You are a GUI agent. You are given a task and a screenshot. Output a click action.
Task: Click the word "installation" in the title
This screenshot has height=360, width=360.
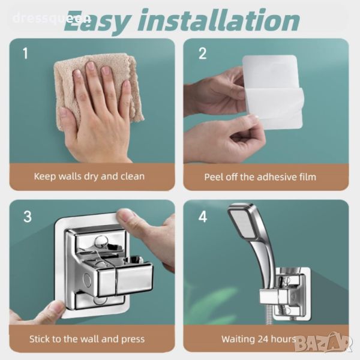coord(218,21)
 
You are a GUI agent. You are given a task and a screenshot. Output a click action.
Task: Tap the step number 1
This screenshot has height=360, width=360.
coord(25,53)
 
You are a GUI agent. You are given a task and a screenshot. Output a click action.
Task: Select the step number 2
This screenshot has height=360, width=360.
coord(202,53)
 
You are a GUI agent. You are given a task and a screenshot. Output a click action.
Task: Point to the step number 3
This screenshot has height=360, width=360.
coord(28,217)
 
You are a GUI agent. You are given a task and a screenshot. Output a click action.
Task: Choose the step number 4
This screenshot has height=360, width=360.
coord(203,217)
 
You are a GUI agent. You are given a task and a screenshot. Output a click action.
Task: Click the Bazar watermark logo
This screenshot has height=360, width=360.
coord(323,343)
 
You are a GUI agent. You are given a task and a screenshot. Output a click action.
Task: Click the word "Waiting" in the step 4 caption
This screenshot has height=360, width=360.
coord(238,340)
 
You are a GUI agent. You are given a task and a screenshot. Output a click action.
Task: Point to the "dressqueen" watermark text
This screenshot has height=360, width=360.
coord(52,18)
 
